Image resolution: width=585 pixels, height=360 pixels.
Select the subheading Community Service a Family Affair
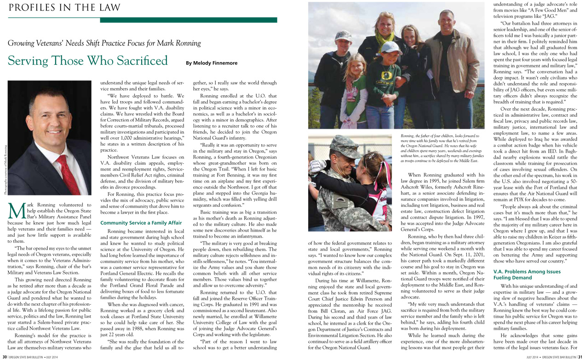(x=141, y=223)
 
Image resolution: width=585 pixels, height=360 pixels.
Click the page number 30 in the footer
(x=4, y=357)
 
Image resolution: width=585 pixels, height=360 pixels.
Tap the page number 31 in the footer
(x=580, y=357)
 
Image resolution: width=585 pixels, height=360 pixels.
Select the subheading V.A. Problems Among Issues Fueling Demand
(x=527, y=274)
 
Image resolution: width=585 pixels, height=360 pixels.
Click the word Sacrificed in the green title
(x=143, y=61)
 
